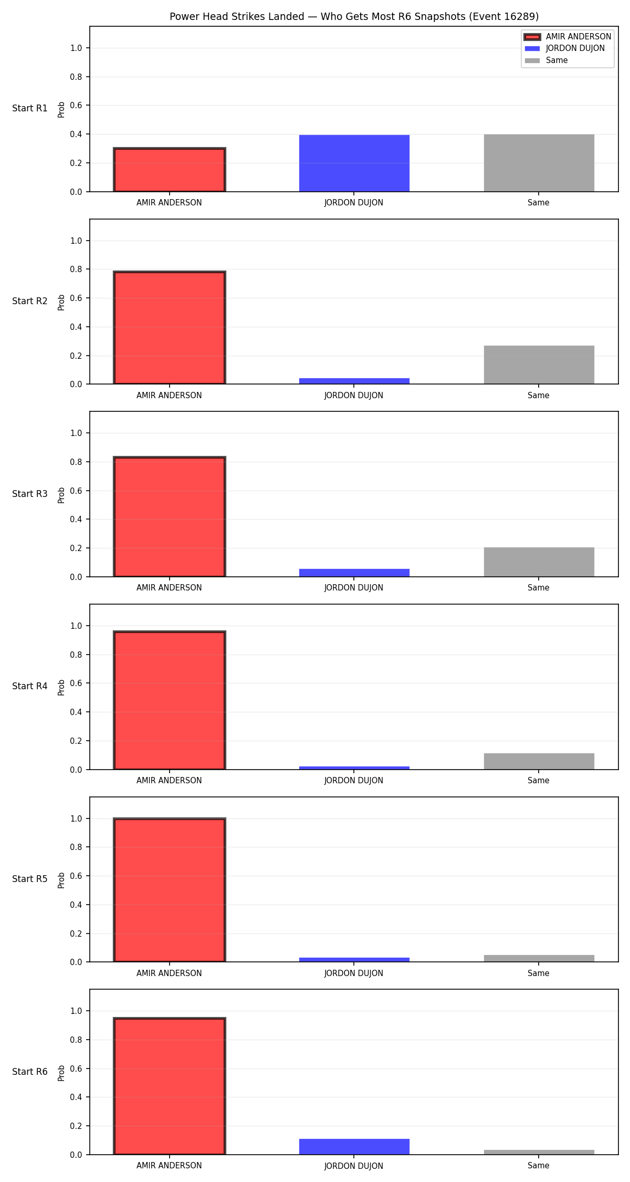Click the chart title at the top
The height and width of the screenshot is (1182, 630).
pos(354,16)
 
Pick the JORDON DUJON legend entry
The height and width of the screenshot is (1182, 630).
pos(565,48)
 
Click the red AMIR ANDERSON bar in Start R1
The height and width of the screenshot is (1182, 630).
pos(169,170)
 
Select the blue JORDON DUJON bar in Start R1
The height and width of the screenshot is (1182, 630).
pos(354,163)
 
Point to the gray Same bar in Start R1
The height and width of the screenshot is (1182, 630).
pos(539,163)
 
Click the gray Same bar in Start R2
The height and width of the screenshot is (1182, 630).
pos(539,365)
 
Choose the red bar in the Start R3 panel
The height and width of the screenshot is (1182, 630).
pos(169,517)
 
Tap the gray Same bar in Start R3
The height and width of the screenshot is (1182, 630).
pos(539,562)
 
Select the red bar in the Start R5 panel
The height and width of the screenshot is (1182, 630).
pos(169,890)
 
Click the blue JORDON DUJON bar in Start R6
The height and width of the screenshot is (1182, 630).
pos(354,1147)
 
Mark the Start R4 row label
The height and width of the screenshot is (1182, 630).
pos(30,686)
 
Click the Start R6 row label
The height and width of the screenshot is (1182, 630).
pos(30,1072)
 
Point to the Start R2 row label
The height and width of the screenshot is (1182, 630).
pos(30,301)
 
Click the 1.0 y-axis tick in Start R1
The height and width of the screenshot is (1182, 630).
pos(76,48)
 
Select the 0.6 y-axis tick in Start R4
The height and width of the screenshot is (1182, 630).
pos(76,683)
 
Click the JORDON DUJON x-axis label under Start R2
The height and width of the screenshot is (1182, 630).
pos(354,396)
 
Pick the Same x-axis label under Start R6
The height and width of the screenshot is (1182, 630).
pos(539,1165)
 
